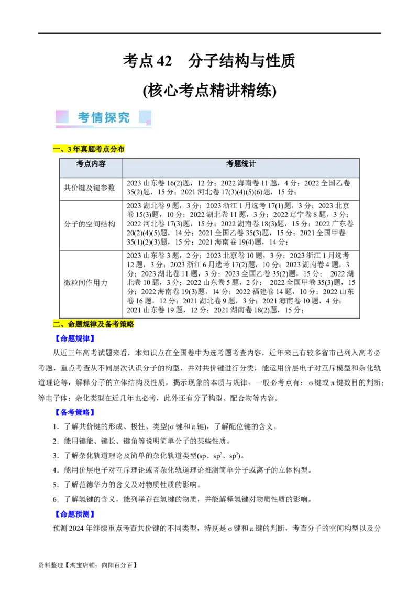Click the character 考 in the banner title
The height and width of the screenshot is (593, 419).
[x=84, y=117]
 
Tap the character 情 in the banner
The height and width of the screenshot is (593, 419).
[x=98, y=117]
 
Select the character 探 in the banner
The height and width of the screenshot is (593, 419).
[x=111, y=117]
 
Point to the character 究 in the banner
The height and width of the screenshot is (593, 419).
[x=124, y=117]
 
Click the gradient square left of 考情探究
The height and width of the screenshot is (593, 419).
[x=62, y=116]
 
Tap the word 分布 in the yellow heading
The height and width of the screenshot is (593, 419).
[x=117, y=149]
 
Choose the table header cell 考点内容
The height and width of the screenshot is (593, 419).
[x=91, y=164]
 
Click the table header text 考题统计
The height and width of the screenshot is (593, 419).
[x=241, y=164]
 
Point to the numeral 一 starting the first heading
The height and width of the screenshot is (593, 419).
[x=56, y=149]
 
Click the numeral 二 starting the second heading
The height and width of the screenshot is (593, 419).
[x=56, y=325]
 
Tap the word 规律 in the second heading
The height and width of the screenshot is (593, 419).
[x=90, y=325]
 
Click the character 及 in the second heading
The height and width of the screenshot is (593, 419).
[x=101, y=325]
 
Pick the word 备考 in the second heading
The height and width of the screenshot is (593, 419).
[x=112, y=325]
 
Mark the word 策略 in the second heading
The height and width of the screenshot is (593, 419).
[x=127, y=325]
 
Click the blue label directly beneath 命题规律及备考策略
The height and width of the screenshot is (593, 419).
[x=75, y=338]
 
